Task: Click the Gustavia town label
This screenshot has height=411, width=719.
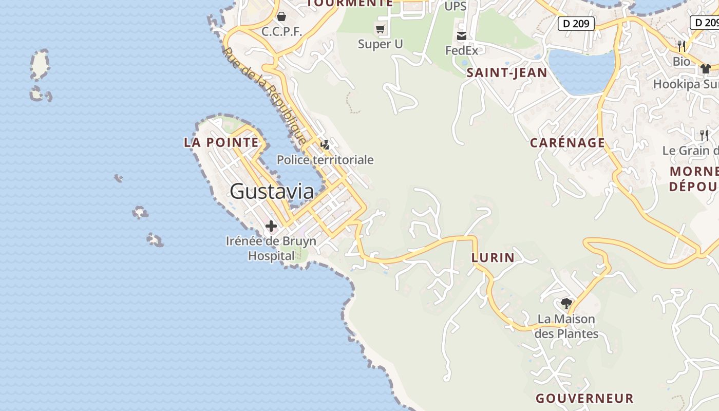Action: click(x=272, y=191)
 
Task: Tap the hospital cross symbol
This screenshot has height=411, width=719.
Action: click(x=271, y=226)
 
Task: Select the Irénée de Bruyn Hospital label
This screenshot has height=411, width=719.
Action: click(x=271, y=248)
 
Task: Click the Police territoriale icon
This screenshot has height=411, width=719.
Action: click(x=325, y=145)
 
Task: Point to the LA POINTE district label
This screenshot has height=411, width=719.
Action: click(x=221, y=142)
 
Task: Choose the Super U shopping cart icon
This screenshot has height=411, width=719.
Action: click(x=381, y=29)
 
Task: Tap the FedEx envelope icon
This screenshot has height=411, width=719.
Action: click(x=462, y=36)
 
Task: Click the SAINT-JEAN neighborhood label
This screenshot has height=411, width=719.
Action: click(x=506, y=73)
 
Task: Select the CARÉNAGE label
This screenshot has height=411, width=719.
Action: click(x=567, y=143)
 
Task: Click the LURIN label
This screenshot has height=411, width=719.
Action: click(x=493, y=258)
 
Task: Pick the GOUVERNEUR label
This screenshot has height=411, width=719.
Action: click(x=584, y=398)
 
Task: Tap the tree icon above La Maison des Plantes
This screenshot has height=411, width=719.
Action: click(x=566, y=303)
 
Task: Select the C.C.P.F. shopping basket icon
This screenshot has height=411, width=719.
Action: click(x=281, y=16)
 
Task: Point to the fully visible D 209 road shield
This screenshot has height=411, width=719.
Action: click(x=576, y=23)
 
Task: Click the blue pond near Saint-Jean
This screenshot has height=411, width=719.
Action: click(x=581, y=71)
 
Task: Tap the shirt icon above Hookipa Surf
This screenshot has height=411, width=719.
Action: click(x=706, y=68)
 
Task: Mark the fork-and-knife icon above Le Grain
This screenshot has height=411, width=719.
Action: click(x=704, y=136)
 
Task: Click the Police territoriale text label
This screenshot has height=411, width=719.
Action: click(x=325, y=160)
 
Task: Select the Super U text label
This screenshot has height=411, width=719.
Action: click(x=381, y=44)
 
